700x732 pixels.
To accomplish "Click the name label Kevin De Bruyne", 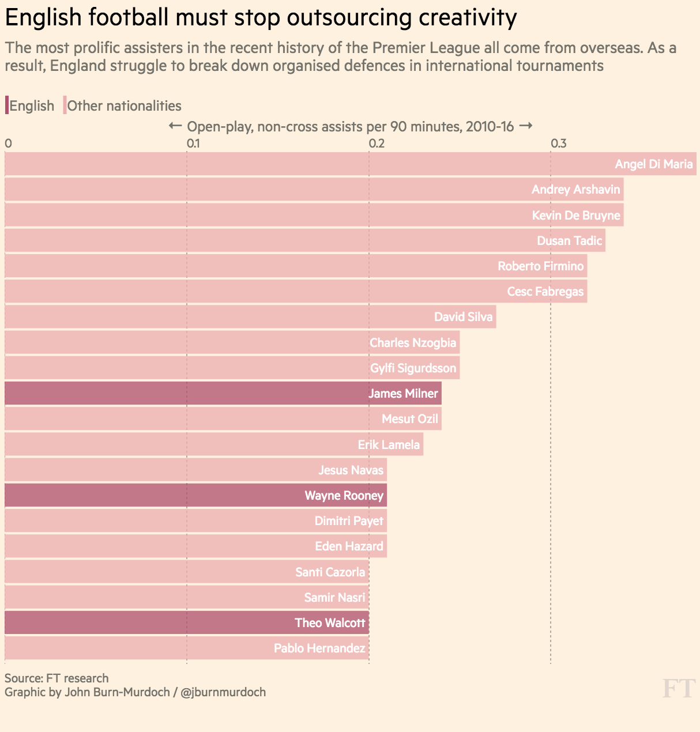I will pyautogui.click(x=575, y=216).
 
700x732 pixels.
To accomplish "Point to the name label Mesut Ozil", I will pyautogui.click(x=409, y=419).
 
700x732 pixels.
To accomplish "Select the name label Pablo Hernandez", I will pyautogui.click(x=319, y=648).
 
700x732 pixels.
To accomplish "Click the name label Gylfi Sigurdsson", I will pyautogui.click(x=413, y=368).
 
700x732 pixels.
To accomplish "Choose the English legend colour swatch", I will pyautogui.click(x=7, y=105).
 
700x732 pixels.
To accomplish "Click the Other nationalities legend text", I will pyautogui.click(x=124, y=106).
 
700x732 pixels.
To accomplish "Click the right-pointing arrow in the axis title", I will pyautogui.click(x=525, y=126).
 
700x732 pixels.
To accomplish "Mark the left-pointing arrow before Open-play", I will pyautogui.click(x=175, y=126).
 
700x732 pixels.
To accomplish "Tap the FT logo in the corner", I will pyautogui.click(x=678, y=689).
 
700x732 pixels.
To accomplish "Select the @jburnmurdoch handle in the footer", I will pyautogui.click(x=223, y=692).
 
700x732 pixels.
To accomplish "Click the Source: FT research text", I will pyautogui.click(x=57, y=678).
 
